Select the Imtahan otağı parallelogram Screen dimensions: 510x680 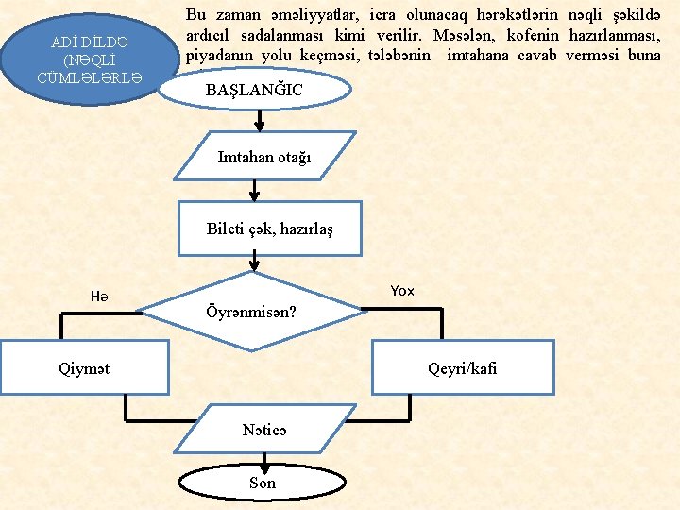point(264,156)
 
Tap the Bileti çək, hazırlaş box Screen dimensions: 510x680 point(270,229)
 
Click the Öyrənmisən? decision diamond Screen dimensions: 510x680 point(252,310)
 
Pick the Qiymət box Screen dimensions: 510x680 point(84,368)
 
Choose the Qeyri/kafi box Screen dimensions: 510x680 point(462,368)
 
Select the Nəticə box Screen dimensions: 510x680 point(264,430)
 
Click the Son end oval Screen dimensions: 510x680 point(263,483)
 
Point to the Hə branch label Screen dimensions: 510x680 point(99,296)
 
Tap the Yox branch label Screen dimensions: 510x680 point(402,290)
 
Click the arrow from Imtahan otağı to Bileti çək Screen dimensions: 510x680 point(253,191)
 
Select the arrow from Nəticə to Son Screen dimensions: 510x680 point(265,461)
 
